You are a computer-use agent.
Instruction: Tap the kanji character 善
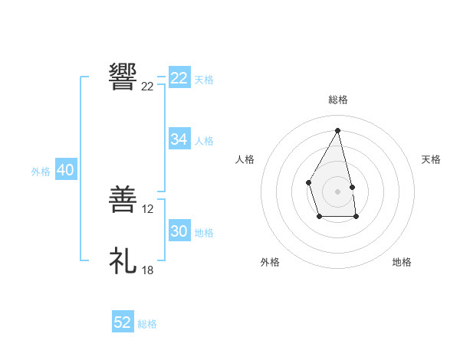[x=123, y=201]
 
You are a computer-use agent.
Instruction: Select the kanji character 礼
[x=123, y=261]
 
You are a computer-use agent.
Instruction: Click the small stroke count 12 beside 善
[x=149, y=208]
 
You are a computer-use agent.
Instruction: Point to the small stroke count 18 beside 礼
[x=148, y=270]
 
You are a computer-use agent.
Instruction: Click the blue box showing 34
[x=179, y=139]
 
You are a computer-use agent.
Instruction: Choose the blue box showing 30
[x=179, y=231]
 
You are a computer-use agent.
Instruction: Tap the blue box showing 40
[x=65, y=170]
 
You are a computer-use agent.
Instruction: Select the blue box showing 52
[x=123, y=322]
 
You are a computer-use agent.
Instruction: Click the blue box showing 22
[x=179, y=78]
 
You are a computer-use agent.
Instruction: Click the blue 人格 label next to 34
[x=204, y=141]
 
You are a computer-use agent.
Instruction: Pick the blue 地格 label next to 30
[x=204, y=233]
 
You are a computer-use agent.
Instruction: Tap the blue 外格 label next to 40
[x=41, y=172]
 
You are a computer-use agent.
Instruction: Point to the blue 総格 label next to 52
[x=147, y=324]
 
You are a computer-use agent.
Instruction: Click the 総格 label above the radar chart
[x=337, y=100]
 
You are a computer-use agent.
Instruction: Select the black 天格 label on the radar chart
[x=431, y=159]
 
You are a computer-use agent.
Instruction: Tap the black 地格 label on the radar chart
[x=402, y=262]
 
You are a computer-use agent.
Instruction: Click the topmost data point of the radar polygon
[x=337, y=131]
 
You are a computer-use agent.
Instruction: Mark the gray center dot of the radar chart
[x=337, y=191]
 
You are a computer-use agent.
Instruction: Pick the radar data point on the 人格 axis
[x=308, y=182]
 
